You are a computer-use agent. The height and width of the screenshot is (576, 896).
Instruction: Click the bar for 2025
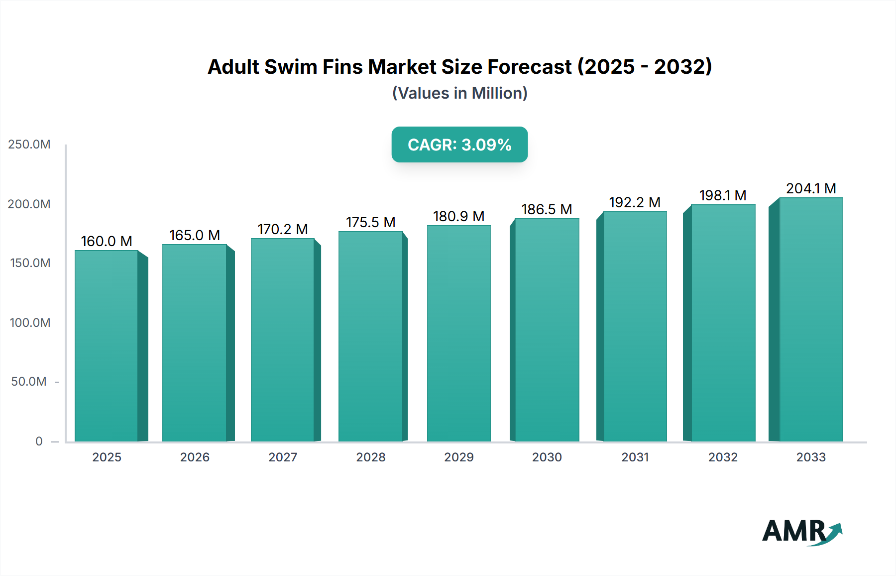pos(107,346)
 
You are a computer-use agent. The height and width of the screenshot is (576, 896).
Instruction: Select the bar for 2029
pos(458,333)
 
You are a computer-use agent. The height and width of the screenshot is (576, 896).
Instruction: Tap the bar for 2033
pos(811,319)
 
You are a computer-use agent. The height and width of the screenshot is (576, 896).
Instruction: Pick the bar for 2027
pos(282,340)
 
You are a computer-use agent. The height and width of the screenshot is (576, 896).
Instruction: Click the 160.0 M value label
pos(107,241)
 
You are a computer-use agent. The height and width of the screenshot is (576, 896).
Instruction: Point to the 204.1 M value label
pos(811,188)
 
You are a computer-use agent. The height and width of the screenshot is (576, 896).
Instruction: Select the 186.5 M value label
pos(547,209)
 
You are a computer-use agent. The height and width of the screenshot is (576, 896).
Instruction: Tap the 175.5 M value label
pos(370,222)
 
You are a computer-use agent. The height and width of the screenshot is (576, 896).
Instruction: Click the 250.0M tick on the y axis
pos(29,144)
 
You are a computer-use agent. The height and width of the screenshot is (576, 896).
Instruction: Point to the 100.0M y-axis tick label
pos(30,322)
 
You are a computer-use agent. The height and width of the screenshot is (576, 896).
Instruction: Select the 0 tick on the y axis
pos(39,441)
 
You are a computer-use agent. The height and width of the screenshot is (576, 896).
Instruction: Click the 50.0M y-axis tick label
pos(29,382)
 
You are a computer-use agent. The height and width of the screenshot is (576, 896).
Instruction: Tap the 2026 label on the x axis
pos(195,457)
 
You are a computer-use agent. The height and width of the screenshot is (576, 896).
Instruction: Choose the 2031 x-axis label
pos(635,457)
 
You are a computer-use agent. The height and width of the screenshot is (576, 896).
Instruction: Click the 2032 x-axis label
pos(723,457)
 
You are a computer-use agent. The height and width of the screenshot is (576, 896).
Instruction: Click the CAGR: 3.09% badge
pos(459,144)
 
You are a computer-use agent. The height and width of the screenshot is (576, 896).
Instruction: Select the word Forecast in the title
pos(530,67)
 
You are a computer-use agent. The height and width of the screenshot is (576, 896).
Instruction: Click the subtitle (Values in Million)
pos(459,93)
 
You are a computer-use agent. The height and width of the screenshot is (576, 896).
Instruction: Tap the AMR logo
pos(801,532)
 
